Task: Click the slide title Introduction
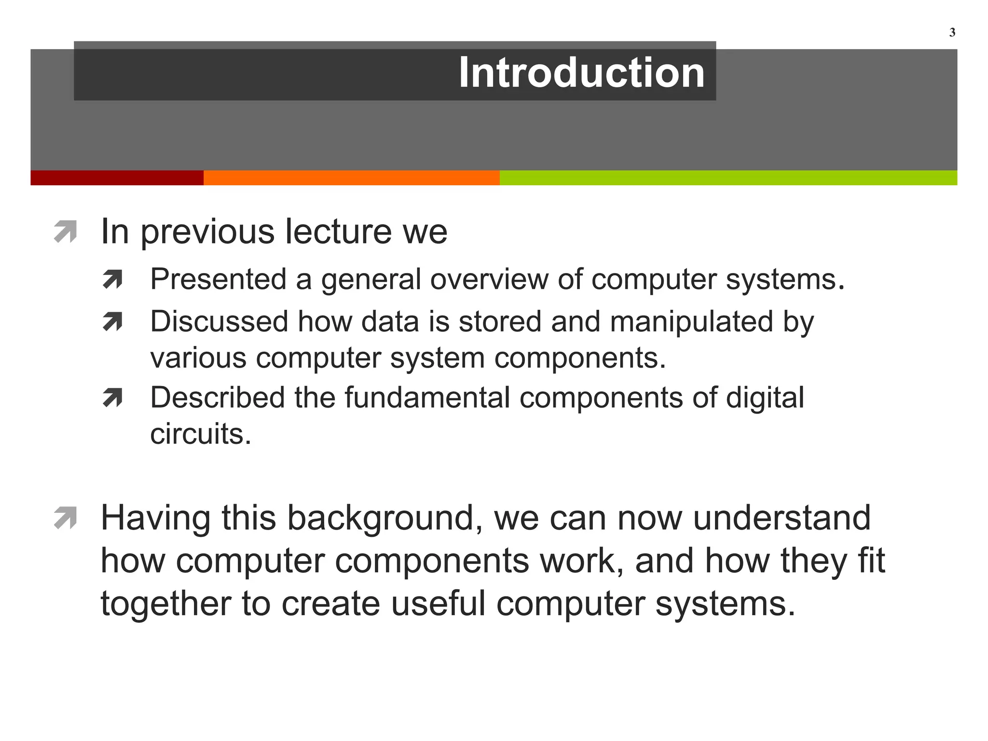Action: tap(581, 72)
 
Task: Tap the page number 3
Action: tap(952, 33)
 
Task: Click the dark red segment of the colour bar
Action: tap(117, 178)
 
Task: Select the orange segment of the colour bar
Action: tap(351, 178)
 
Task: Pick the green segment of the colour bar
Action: tap(728, 178)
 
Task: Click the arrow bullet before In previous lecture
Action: tap(66, 231)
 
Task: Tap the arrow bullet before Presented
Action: tap(112, 279)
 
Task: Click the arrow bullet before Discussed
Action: tap(112, 322)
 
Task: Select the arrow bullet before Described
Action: tap(112, 398)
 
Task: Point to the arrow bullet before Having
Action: tap(66, 518)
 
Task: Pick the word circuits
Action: tap(200, 434)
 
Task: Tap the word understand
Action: tap(782, 518)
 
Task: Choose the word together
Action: tap(166, 604)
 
